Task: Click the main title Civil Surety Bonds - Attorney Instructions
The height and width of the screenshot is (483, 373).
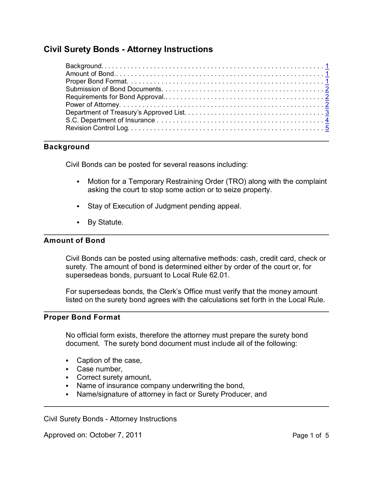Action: (x=128, y=49)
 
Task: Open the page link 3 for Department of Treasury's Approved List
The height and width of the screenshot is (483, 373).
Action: (x=327, y=112)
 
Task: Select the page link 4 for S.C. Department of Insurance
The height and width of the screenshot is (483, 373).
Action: (x=327, y=120)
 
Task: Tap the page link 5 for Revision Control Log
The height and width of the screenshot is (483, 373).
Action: (x=327, y=128)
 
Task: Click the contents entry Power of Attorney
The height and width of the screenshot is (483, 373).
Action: (x=93, y=105)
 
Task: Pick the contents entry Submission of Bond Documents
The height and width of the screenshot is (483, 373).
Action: (x=114, y=89)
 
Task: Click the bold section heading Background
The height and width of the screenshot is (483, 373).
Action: (x=67, y=147)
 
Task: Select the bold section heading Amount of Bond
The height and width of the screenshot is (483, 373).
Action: (x=74, y=240)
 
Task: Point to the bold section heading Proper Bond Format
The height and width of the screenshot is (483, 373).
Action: (x=82, y=317)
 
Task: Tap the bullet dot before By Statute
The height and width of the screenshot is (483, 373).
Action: (x=78, y=223)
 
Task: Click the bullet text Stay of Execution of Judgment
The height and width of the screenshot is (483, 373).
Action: (x=137, y=206)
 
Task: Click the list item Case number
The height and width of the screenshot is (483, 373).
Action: (x=99, y=369)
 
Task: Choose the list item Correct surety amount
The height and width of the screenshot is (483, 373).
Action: (x=114, y=378)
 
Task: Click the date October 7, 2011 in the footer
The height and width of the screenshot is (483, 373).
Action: (x=116, y=435)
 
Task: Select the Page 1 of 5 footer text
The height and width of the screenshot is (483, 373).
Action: (x=311, y=436)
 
